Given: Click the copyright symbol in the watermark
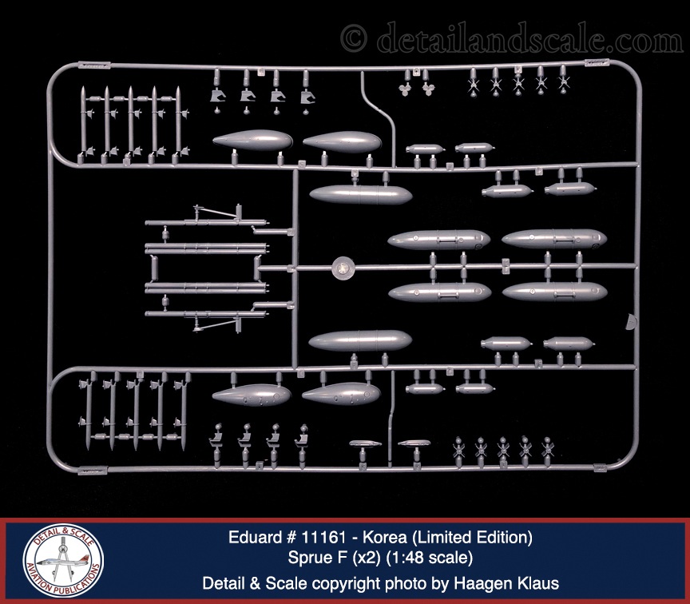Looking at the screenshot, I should click(354, 38).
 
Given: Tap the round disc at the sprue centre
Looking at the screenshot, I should click(342, 267).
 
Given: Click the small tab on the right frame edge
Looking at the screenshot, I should click(632, 322).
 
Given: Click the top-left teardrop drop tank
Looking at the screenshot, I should click(252, 142).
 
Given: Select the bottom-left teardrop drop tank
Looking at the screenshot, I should click(251, 393).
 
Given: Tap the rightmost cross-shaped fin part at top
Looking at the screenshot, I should click(563, 79).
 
